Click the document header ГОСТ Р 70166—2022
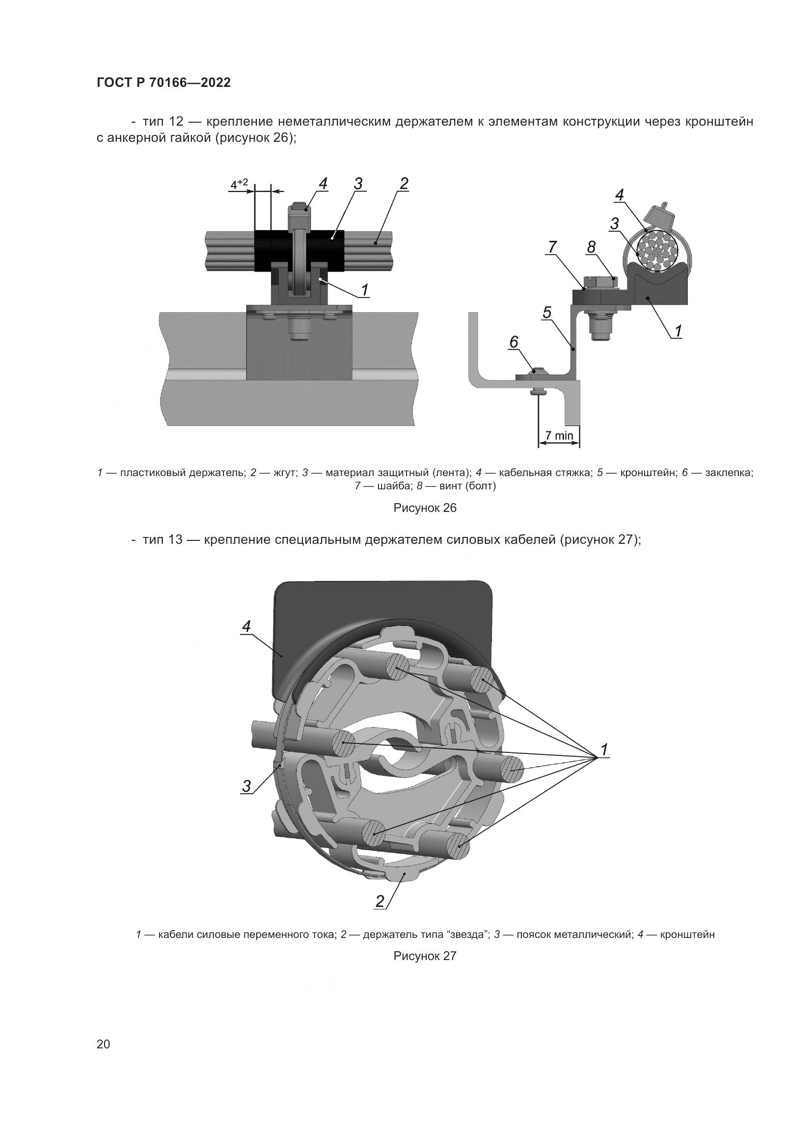[163, 83]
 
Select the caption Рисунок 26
[425, 508]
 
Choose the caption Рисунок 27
[425, 956]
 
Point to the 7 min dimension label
[559, 435]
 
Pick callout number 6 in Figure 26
[514, 342]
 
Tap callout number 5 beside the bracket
[547, 313]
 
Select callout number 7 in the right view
[552, 247]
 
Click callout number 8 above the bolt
[592, 247]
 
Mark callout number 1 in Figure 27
[604, 750]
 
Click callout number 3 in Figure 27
[246, 786]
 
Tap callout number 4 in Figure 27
[246, 626]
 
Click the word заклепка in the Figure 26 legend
[729, 473]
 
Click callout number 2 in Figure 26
[404, 184]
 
